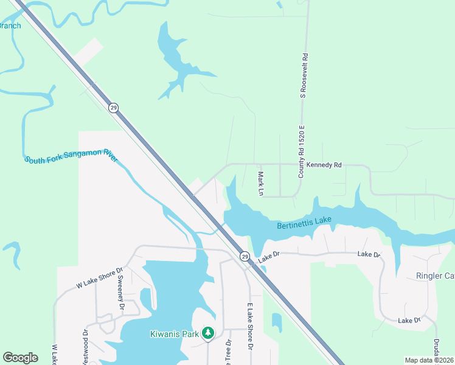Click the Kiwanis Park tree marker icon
coord(209,333)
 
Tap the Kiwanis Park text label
coord(176,333)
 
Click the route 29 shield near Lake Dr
coord(244,256)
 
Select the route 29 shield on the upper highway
coord(114,108)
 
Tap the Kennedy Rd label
coord(324,165)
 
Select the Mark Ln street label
coord(260,183)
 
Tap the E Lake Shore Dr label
coord(249,326)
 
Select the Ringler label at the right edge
coord(434,276)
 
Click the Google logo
coord(20,358)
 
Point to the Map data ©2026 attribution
coord(429,360)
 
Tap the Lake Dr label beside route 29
coord(268,258)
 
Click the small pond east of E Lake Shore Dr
coord(277,322)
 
